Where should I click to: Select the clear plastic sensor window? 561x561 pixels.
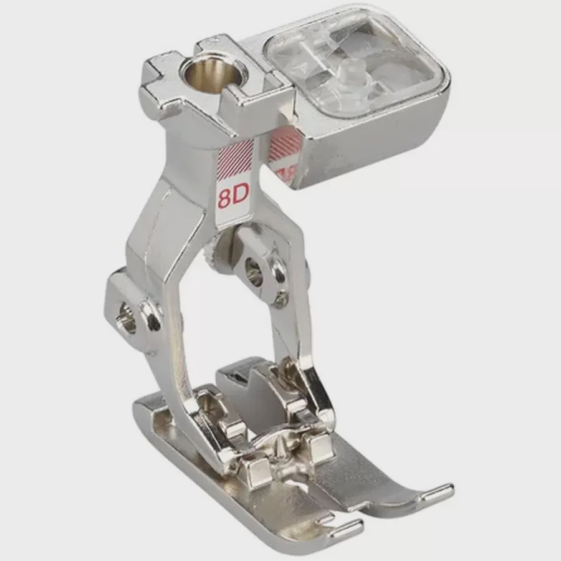point(349,65)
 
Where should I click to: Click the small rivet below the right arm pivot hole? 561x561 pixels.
point(282,298)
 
